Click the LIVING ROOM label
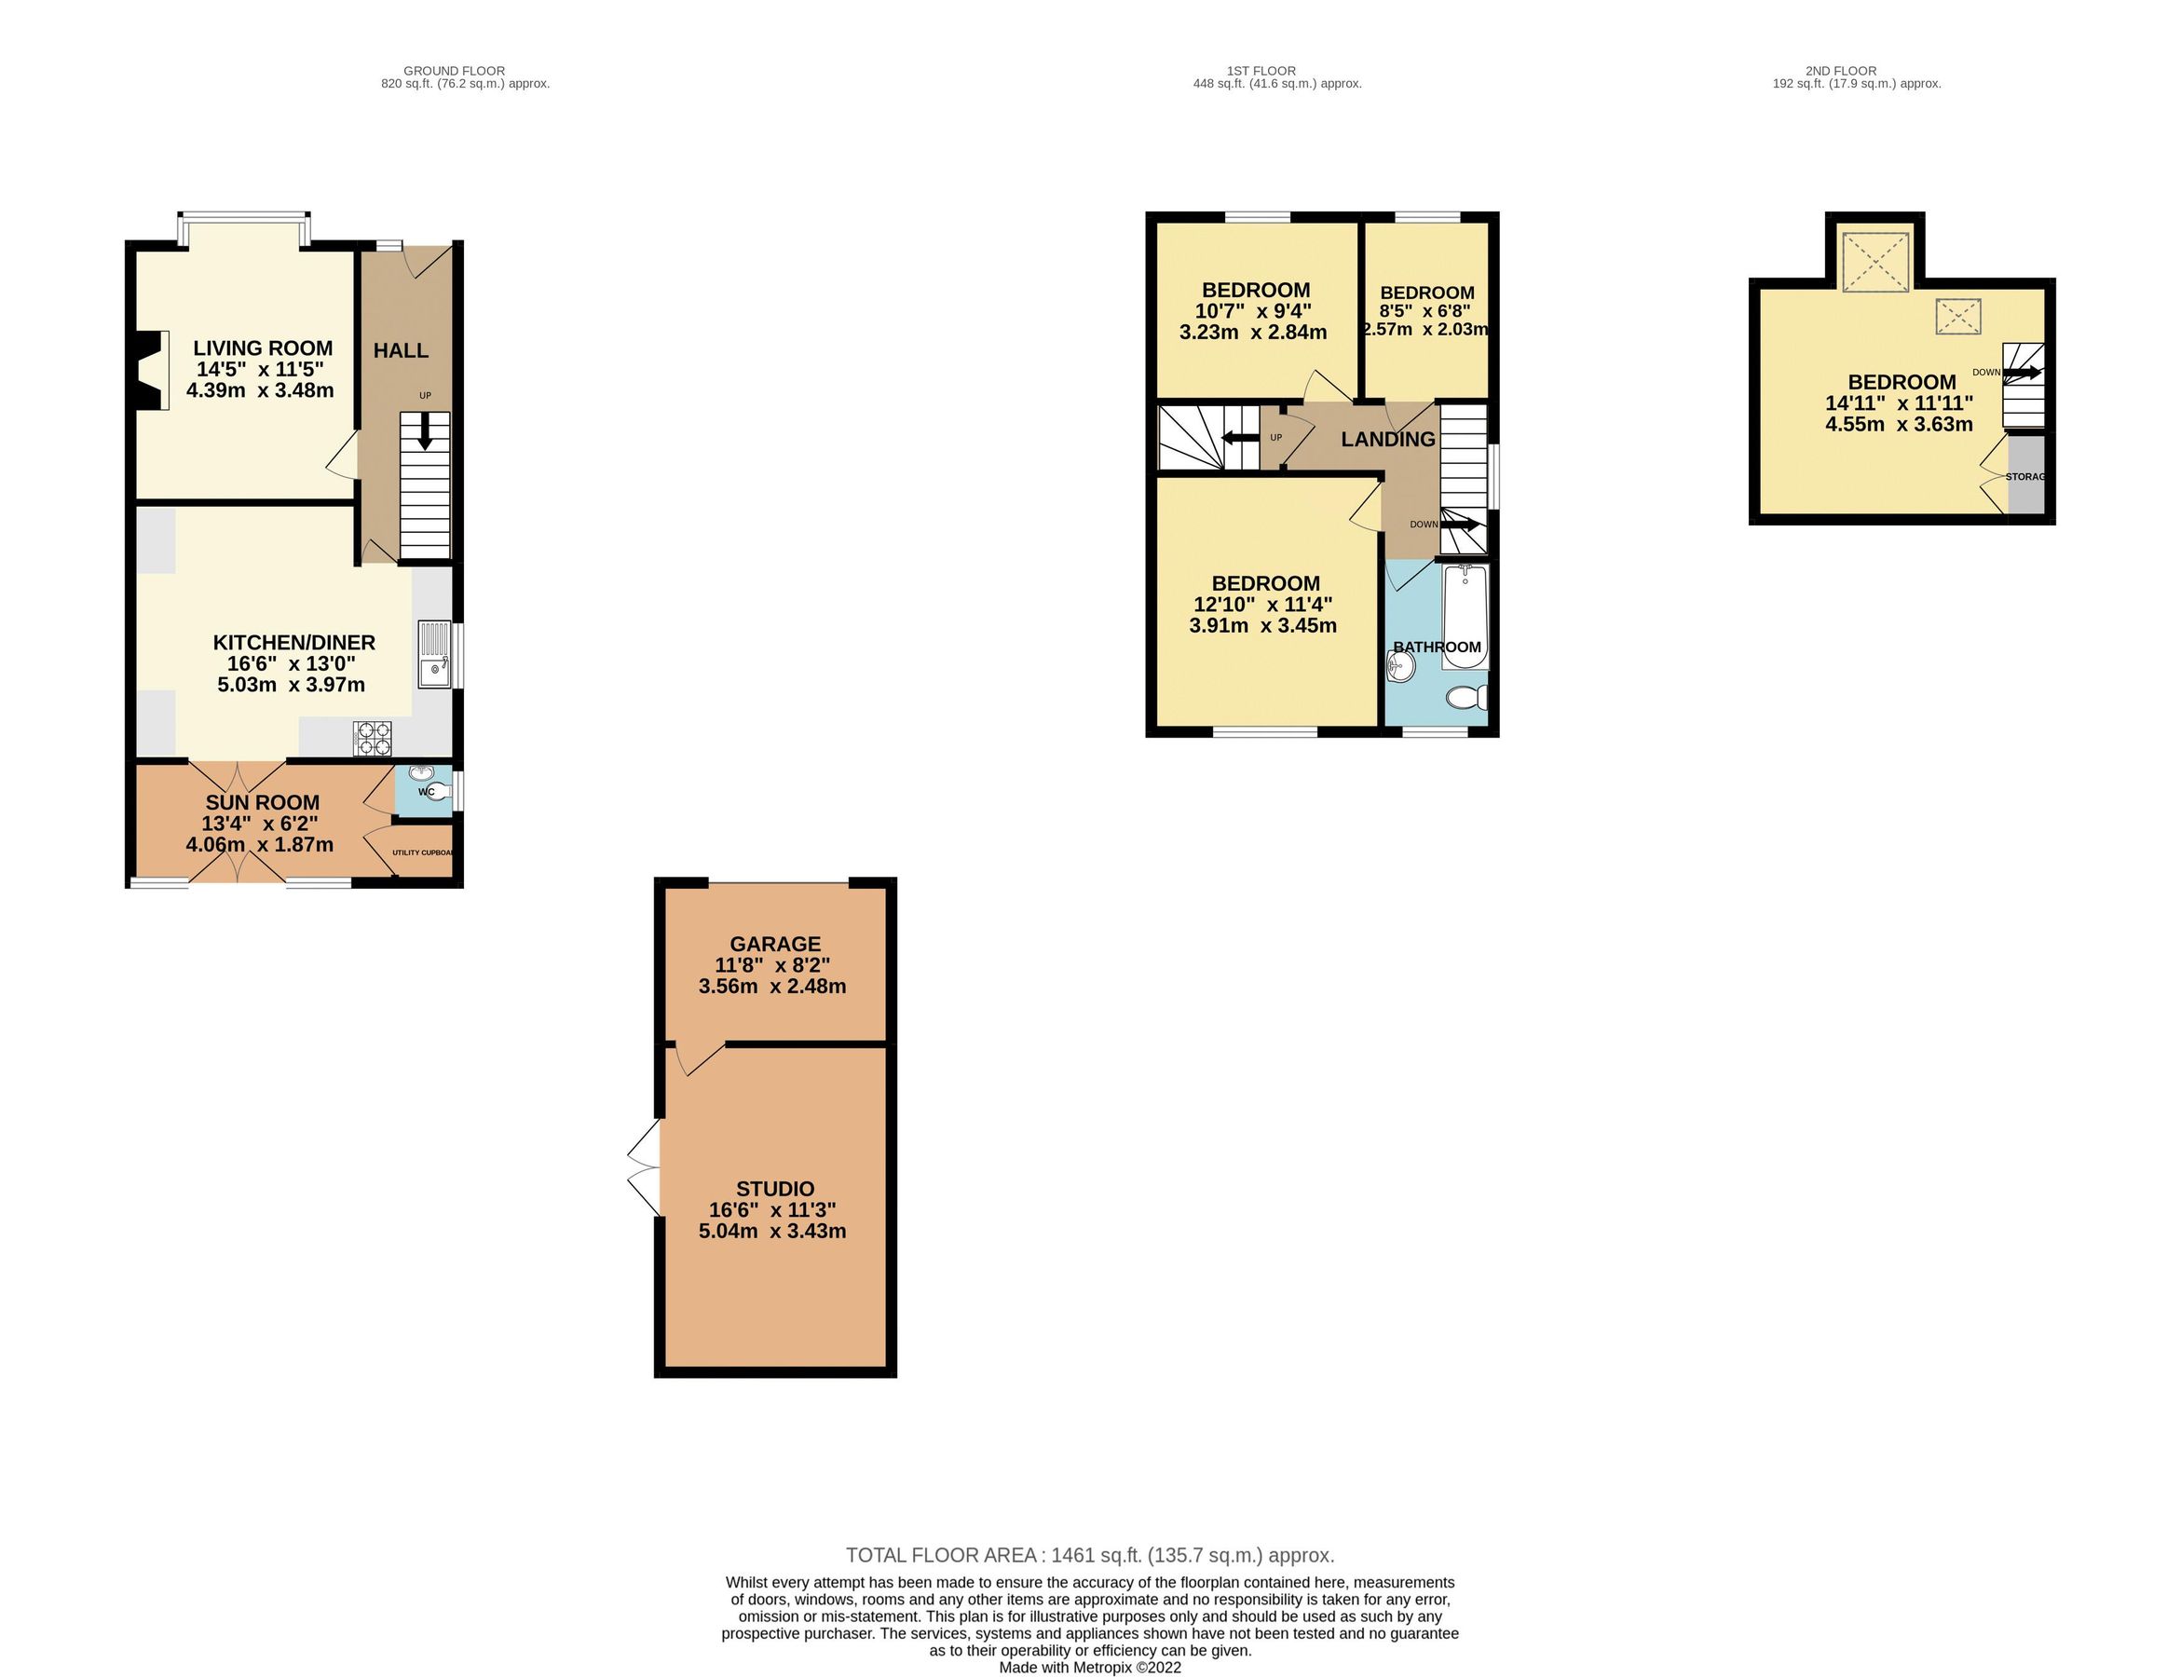(263, 348)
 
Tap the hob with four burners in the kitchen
(373, 739)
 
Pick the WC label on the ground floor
(426, 793)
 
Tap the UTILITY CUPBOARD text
(423, 852)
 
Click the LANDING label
(1387, 439)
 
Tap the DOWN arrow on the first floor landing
(1459, 524)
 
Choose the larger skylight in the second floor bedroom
(1874, 263)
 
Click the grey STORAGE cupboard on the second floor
(2025, 476)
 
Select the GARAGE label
(774, 943)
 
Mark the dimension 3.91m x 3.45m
(1262, 626)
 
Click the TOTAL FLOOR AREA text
(1089, 1555)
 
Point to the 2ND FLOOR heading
(1841, 71)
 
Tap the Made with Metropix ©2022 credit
(1090, 1667)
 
